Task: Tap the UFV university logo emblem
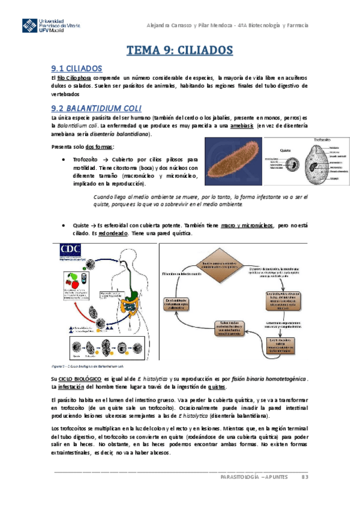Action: pyautogui.click(x=31, y=27)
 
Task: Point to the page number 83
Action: pyautogui.click(x=305, y=477)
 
